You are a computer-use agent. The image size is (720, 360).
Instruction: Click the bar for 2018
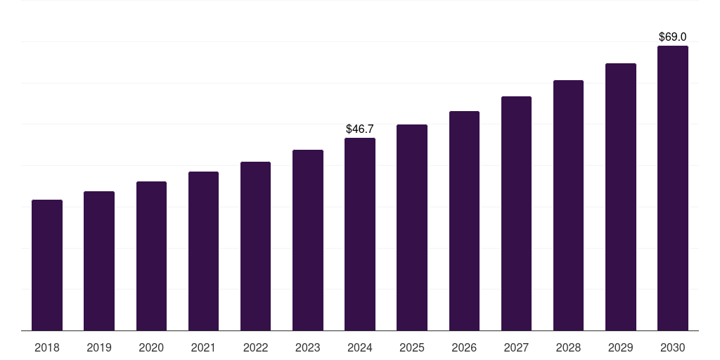point(47,265)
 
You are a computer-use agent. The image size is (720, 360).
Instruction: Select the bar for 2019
point(99,261)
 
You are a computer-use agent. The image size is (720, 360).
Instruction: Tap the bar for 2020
point(151,256)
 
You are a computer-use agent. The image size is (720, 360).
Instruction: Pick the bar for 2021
point(203,251)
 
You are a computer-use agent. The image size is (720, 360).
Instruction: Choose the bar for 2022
point(255,246)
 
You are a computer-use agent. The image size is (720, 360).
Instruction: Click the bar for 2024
point(360,234)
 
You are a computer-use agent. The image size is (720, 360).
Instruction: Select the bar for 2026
point(464,221)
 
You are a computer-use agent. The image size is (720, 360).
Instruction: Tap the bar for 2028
point(568,205)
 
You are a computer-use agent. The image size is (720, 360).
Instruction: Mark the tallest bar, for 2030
point(673,188)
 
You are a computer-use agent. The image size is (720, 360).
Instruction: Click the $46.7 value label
point(360,129)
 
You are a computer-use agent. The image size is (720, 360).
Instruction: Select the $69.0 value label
point(673,37)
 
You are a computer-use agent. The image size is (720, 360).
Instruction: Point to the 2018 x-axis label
point(47,347)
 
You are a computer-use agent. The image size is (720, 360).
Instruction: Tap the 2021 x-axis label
point(203,347)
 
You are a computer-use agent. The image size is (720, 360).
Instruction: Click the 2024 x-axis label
point(360,347)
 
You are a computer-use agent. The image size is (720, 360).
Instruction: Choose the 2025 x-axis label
point(412,347)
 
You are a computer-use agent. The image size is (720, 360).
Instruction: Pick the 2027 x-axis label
point(516,347)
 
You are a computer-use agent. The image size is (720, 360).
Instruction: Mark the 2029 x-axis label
point(621,347)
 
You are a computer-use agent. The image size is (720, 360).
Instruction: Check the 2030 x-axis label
point(673,347)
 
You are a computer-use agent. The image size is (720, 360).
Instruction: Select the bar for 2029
point(621,197)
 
